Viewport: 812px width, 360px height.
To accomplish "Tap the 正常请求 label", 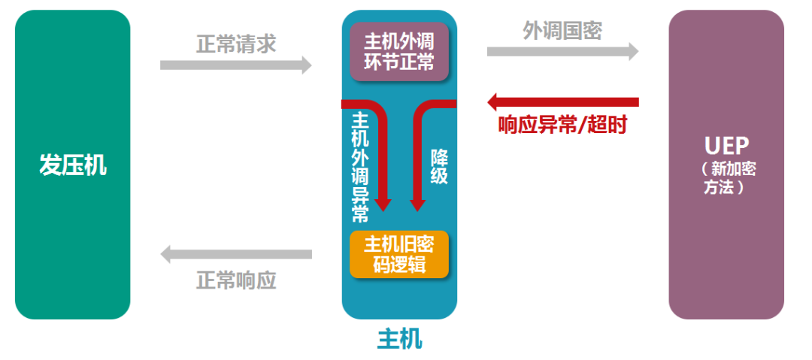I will pyautogui.click(x=235, y=44).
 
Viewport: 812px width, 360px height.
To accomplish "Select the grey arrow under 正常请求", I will pyautogui.click(x=235, y=65).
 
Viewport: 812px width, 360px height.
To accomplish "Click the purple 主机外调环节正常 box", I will pyautogui.click(x=399, y=51).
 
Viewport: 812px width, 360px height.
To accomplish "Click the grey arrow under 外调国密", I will pyautogui.click(x=562, y=51).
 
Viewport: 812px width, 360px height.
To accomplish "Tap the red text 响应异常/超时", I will pyautogui.click(x=562, y=125).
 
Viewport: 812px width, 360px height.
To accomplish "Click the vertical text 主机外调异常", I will pyautogui.click(x=360, y=167).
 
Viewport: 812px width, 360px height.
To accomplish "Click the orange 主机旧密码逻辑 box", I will pyautogui.click(x=399, y=255).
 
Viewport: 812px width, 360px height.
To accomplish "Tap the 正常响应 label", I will pyautogui.click(x=235, y=280).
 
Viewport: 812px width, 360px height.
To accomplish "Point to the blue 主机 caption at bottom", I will pyautogui.click(x=399, y=340).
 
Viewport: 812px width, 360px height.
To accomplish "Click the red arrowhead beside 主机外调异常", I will pyautogui.click(x=383, y=202).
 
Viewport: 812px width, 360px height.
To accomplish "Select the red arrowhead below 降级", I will pyautogui.click(x=417, y=202).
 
